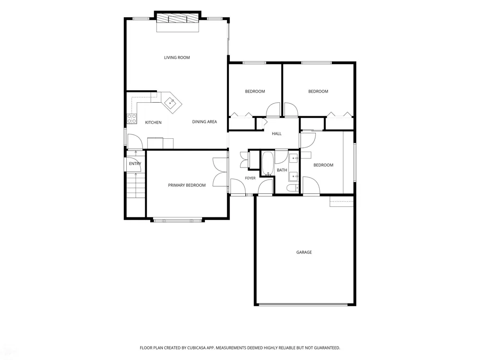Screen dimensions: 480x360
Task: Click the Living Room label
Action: pyautogui.click(x=177, y=58)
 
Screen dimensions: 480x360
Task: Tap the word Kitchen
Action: pyautogui.click(x=153, y=122)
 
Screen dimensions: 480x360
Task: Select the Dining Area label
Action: pyautogui.click(x=204, y=122)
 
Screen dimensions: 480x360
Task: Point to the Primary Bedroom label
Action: pyautogui.click(x=187, y=185)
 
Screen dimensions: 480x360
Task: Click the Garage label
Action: pyautogui.click(x=304, y=252)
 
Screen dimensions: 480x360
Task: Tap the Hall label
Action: pyautogui.click(x=277, y=134)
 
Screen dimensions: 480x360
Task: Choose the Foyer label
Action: pyautogui.click(x=250, y=178)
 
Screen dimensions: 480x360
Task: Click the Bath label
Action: pyautogui.click(x=282, y=170)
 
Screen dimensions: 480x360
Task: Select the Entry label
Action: pyautogui.click(x=135, y=164)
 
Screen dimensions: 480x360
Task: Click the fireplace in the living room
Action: pyautogui.click(x=178, y=19)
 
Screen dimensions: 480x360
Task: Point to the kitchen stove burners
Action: pyautogui.click(x=132, y=119)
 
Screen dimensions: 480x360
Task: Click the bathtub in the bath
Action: pyautogui.click(x=267, y=164)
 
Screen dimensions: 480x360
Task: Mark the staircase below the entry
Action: pyautogui.click(x=136, y=185)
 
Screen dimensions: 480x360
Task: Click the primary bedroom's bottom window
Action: pyautogui.click(x=178, y=220)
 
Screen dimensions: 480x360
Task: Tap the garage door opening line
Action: pyautogui.click(x=303, y=305)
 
